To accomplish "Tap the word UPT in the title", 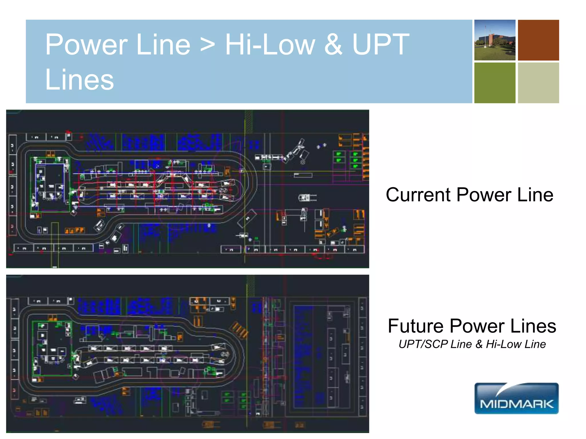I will (381, 45).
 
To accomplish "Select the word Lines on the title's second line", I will (80, 80).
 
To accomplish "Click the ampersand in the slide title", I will (333, 45).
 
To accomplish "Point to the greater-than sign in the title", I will (207, 46).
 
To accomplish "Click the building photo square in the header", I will (495, 40).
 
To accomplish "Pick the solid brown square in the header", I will (538, 40).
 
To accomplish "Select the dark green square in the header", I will (495, 83).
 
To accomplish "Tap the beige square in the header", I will (538, 83).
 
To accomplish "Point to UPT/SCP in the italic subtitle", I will (423, 344).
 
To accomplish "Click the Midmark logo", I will (516, 398).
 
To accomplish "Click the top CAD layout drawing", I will (187, 189).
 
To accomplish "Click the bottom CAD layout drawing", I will (187, 354).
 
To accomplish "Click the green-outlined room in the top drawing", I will (50, 185).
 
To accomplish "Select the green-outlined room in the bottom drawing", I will (52, 348).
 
